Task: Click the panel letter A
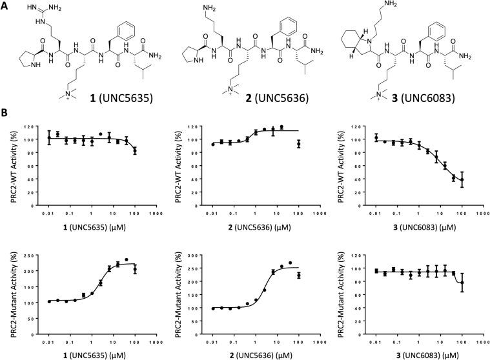click(5, 6)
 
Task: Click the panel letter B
click(5, 112)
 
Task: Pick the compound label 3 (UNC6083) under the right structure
click(426, 102)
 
